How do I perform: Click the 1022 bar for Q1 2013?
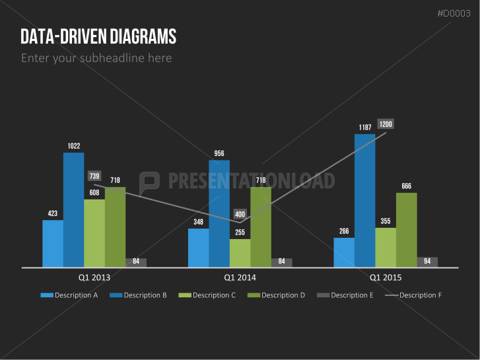pos(73,210)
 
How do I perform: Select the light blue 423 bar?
pos(53,244)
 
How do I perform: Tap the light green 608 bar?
pos(94,233)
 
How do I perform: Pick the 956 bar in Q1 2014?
pos(219,213)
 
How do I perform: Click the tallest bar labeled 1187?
pos(364,201)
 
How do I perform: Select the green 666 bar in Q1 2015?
pos(406,230)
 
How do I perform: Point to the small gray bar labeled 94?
pos(427,262)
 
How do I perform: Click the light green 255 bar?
pos(240,253)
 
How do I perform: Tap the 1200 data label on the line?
pos(386,124)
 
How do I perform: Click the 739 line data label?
pos(94,176)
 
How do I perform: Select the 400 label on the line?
pos(240,214)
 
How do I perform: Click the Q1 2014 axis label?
pos(240,278)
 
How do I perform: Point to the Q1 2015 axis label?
pos(385,278)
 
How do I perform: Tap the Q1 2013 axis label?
pos(94,278)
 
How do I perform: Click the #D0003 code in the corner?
pos(454,13)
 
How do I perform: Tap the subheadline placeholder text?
pos(96,58)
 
